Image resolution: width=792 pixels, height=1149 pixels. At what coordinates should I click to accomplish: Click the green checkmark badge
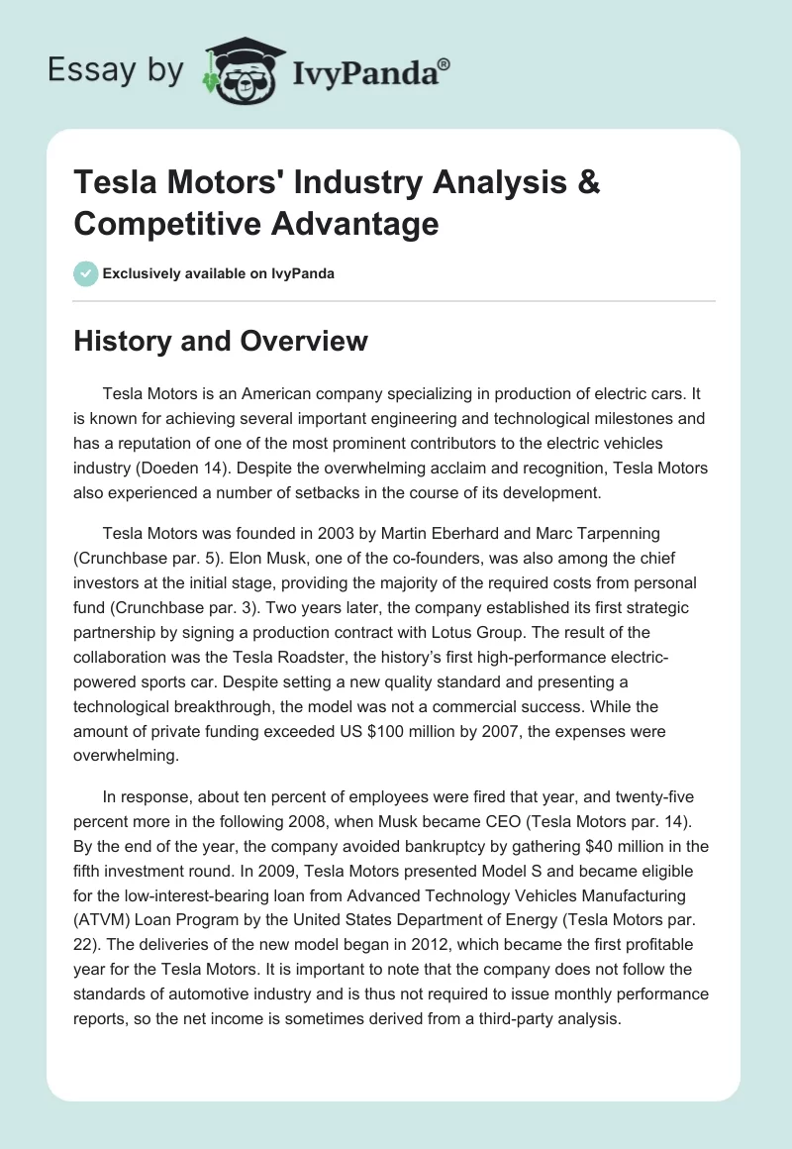click(86, 273)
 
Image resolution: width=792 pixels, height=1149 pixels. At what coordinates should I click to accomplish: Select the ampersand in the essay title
click(587, 183)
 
